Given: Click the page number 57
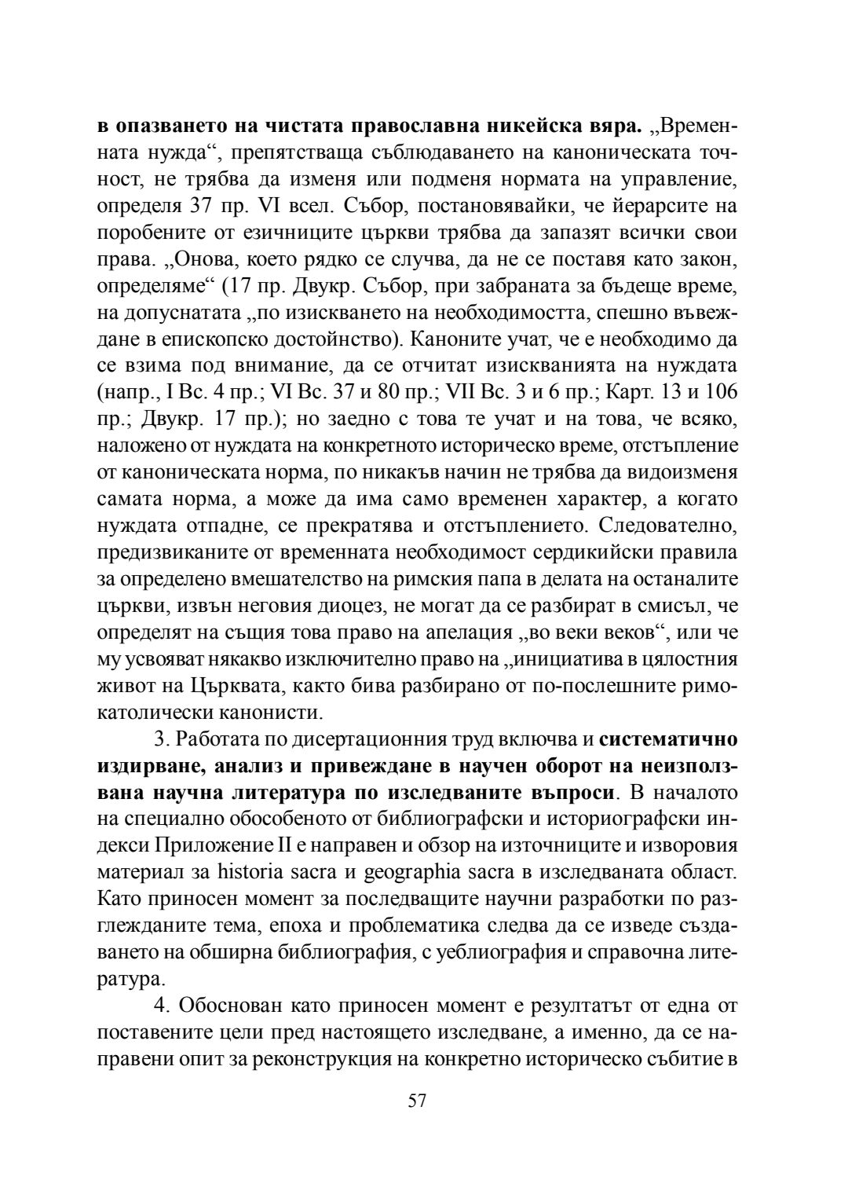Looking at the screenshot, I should pyautogui.click(x=417, y=1100).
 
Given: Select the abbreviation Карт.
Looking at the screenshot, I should pyautogui.click(x=626, y=391).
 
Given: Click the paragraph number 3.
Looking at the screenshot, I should pyautogui.click(x=160, y=739).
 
